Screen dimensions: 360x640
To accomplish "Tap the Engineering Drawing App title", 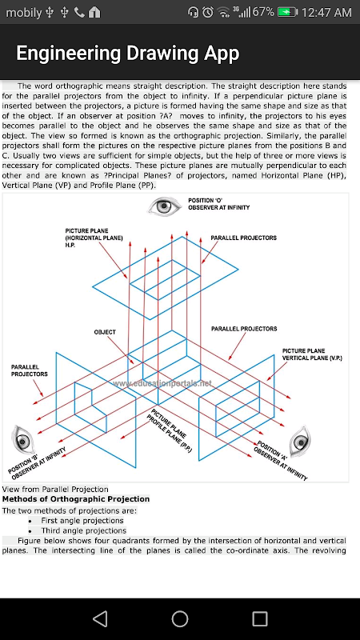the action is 127,53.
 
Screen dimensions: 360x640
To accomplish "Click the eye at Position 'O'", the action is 164,206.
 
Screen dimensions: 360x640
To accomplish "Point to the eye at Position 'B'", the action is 22,440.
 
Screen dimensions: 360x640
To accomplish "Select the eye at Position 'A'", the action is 300,442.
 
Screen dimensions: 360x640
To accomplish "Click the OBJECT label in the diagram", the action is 105,332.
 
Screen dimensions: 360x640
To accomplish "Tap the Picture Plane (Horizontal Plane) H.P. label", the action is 94,238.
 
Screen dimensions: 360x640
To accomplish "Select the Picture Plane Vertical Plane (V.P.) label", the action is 312,354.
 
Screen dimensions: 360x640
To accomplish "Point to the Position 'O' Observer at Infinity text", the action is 218,204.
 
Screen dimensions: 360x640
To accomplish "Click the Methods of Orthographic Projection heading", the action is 76,499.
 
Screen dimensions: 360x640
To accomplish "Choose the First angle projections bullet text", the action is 82,521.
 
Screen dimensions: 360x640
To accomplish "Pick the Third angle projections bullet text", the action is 84,530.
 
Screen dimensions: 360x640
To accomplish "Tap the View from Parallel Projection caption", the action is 55,489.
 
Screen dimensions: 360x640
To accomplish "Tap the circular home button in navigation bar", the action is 179,618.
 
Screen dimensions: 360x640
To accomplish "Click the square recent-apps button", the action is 259,618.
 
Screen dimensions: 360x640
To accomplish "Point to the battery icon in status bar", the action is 287,12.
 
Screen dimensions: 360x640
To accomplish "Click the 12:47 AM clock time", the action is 326,13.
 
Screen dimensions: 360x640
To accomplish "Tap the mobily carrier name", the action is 24,13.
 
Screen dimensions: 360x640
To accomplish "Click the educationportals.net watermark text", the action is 162,383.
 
